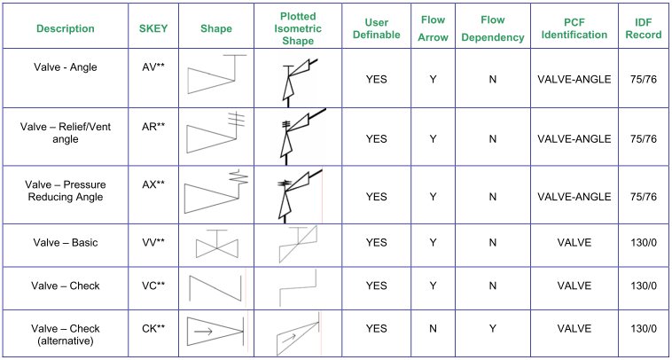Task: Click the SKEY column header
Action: click(153, 28)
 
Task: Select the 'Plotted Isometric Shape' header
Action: click(298, 28)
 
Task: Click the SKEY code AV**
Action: click(153, 67)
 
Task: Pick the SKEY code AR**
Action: click(153, 127)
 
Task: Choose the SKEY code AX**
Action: click(153, 184)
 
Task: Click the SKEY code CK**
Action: click(153, 328)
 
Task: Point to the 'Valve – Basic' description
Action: click(65, 243)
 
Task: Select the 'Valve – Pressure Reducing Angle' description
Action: click(65, 191)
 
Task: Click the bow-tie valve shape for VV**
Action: click(217, 244)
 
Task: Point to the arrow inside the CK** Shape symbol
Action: click(204, 331)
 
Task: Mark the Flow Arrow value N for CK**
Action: click(433, 329)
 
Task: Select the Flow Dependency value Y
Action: click(492, 329)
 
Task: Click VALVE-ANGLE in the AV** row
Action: click(574, 79)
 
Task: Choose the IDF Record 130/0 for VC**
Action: click(644, 286)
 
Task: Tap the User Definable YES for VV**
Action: click(376, 243)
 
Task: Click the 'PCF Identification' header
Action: click(574, 28)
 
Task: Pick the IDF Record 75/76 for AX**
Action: click(644, 197)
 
